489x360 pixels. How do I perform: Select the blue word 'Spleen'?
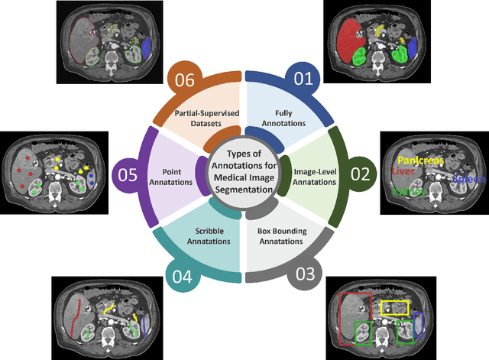(469, 179)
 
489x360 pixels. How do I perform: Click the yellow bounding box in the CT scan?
(395, 308)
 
